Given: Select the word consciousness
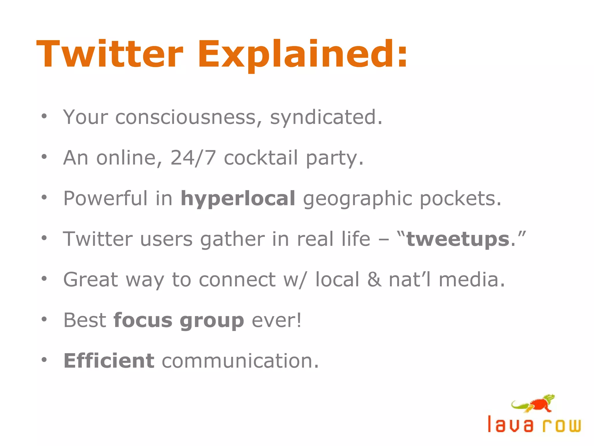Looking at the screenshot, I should click(x=186, y=117).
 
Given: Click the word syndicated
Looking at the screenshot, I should click(x=326, y=117).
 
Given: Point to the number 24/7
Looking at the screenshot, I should click(x=193, y=158).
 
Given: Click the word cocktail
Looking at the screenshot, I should click(x=261, y=158).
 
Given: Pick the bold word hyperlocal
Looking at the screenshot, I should click(x=238, y=199).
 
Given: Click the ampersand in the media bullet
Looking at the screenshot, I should click(x=374, y=280).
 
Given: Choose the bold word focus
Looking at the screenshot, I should click(x=143, y=321).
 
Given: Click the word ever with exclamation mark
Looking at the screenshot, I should click(x=277, y=321).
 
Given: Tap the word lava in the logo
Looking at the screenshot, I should click(x=510, y=425).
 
